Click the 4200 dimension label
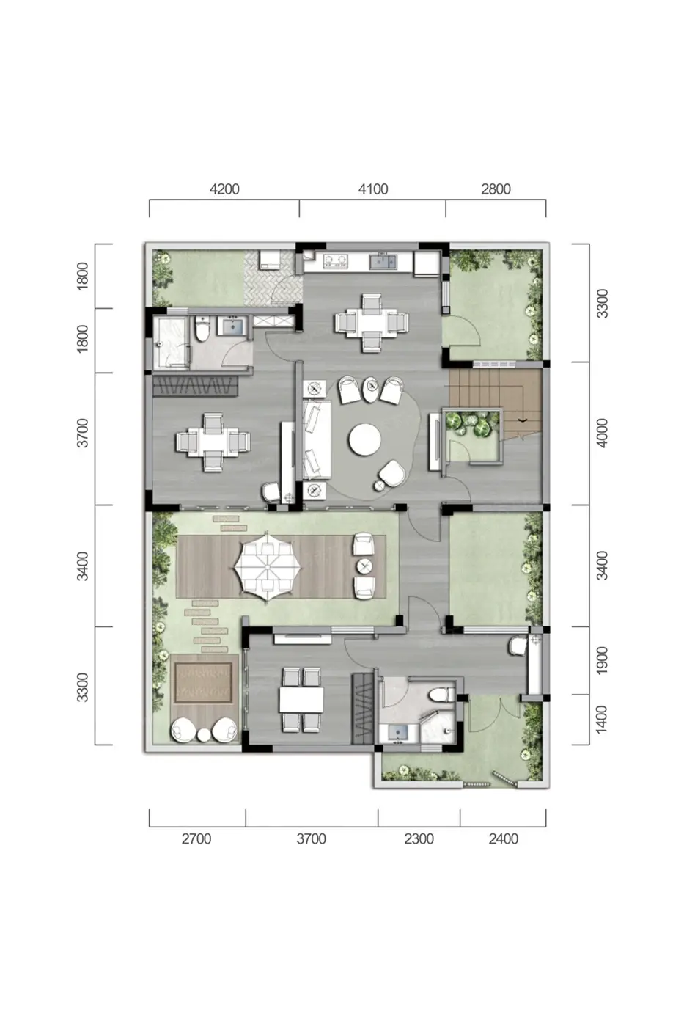pos(224,189)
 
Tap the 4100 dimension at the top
pos(373,189)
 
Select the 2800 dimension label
pos(496,189)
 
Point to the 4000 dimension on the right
pos(602,433)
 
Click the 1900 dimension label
pos(602,660)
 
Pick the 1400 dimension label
pos(602,719)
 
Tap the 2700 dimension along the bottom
pos(196,839)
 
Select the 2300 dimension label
pos(419,839)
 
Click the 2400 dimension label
pos(503,839)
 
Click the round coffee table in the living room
pos(364,439)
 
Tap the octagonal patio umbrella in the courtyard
pos(268,566)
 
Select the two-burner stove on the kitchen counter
pos(334,261)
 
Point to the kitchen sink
pos(383,261)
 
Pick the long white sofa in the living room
pos(316,439)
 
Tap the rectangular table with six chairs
pos(301,699)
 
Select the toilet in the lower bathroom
pos(444,694)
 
